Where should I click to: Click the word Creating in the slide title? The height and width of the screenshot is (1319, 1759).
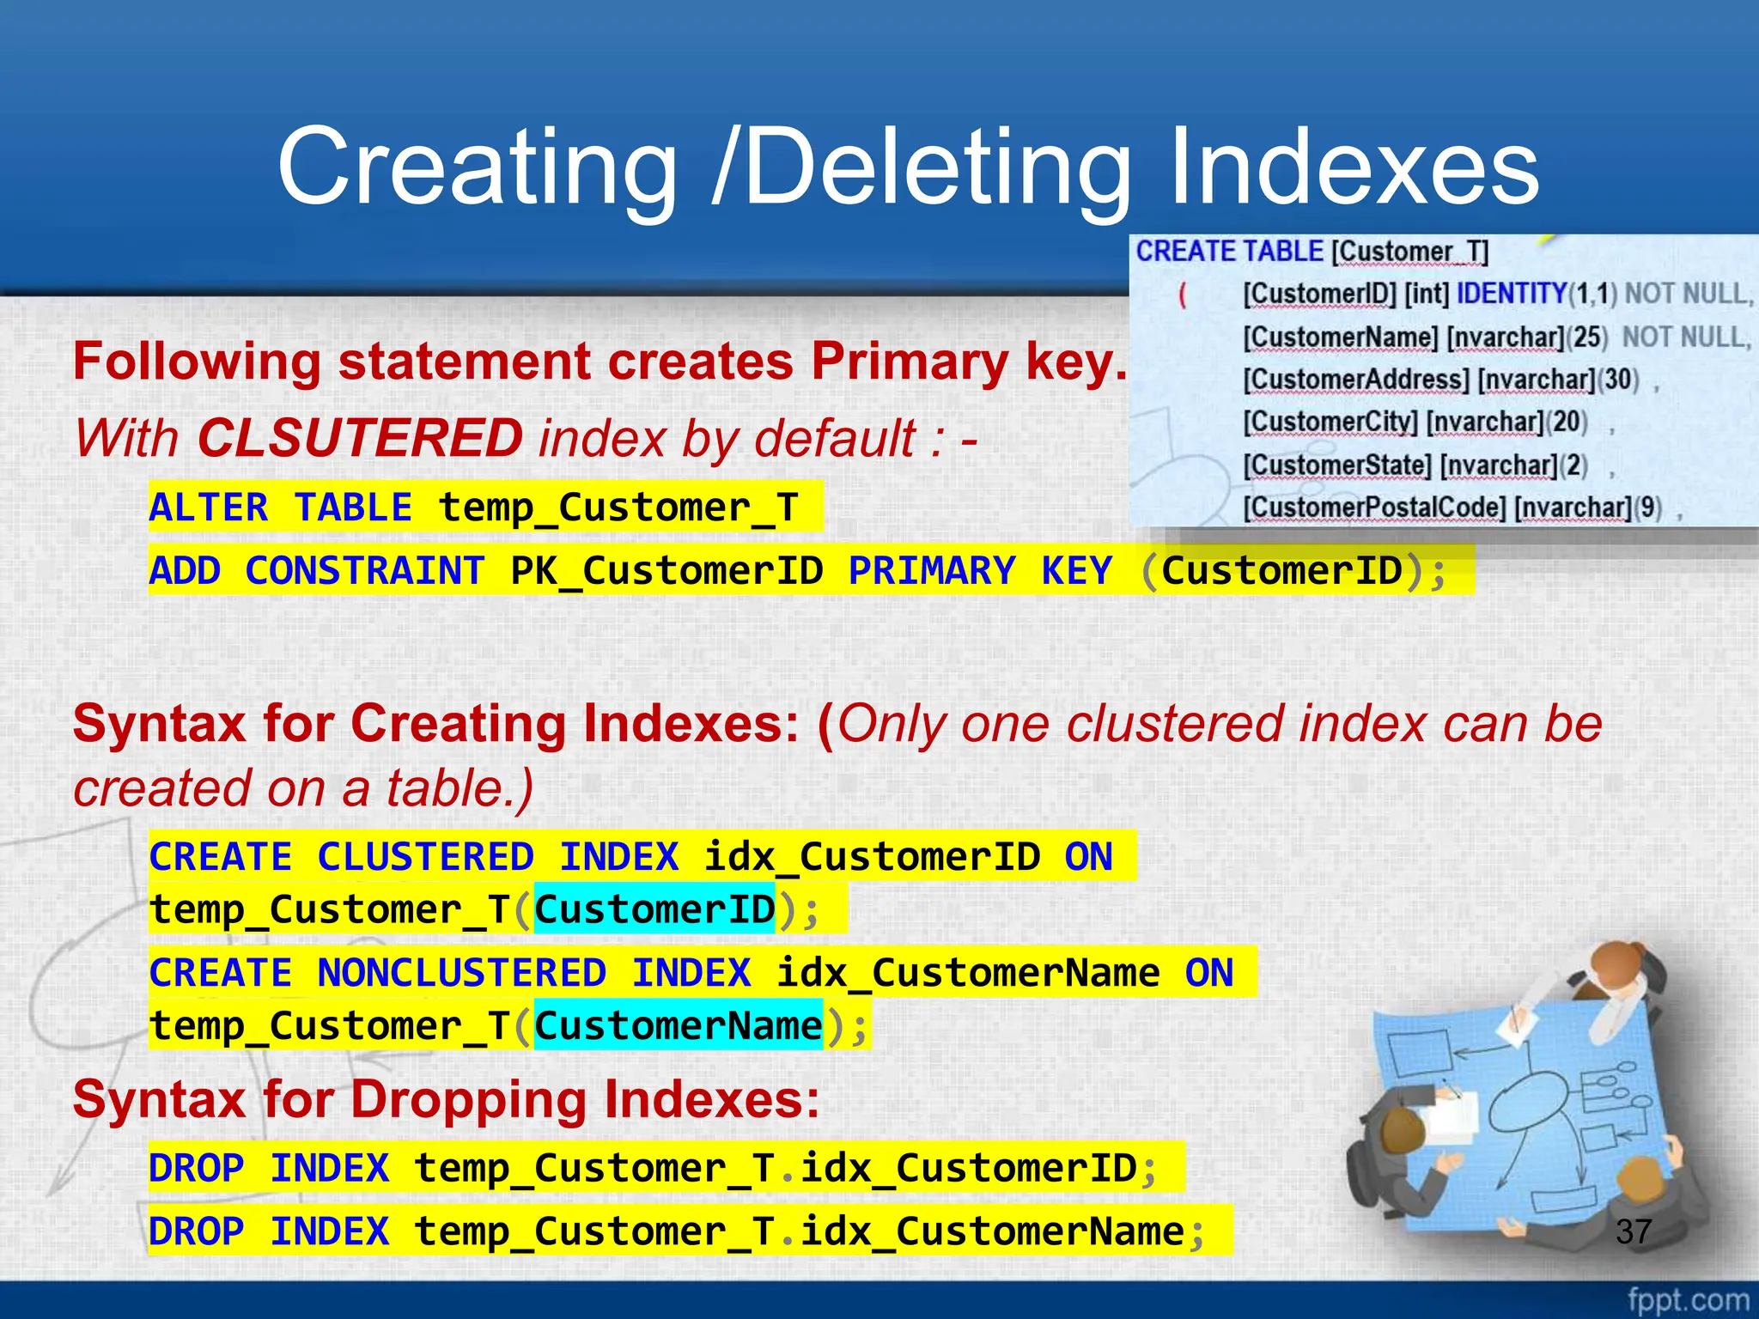click(478, 167)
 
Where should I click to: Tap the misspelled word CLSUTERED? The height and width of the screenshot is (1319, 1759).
click(360, 438)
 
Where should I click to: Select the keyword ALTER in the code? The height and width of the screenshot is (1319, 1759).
click(209, 507)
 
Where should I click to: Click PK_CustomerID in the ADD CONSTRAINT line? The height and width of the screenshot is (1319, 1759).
click(666, 571)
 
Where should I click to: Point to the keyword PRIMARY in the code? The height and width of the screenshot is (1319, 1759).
click(932, 571)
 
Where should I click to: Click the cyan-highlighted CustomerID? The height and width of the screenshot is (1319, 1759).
click(654, 909)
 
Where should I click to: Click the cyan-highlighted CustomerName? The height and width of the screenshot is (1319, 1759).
click(679, 1025)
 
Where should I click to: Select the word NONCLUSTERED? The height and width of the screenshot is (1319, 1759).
click(461, 973)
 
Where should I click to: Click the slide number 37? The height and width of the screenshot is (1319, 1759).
click(1633, 1231)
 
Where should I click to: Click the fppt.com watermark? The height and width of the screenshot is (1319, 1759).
click(1688, 1299)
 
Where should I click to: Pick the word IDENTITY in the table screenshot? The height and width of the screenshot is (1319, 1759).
click(1512, 294)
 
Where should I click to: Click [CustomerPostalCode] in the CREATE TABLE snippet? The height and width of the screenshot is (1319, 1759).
click(1374, 508)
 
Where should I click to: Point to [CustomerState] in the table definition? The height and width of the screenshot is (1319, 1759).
click(1337, 465)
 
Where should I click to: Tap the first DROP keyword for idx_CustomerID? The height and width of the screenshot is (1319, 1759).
click(196, 1168)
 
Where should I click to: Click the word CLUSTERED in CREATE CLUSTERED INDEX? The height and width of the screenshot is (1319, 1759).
click(425, 857)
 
